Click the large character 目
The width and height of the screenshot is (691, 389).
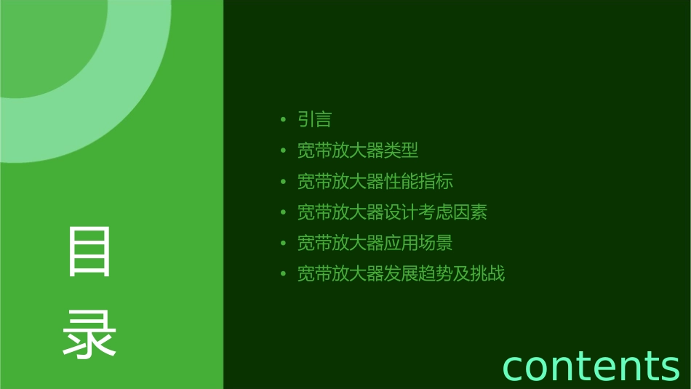89,252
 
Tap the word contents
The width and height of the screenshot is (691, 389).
591,365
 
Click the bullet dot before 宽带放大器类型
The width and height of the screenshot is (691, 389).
283,151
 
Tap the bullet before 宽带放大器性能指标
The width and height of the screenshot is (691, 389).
283,182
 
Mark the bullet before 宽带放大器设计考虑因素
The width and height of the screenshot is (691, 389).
283,212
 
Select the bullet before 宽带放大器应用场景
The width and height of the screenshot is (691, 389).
283,244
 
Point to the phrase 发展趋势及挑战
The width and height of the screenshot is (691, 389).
444,274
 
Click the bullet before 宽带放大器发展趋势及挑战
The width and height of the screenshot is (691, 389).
283,274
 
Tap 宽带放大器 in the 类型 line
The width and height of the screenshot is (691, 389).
340,151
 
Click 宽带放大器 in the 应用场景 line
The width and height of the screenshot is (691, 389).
340,243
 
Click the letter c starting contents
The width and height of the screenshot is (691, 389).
513,366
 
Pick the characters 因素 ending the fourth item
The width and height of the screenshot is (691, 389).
470,212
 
